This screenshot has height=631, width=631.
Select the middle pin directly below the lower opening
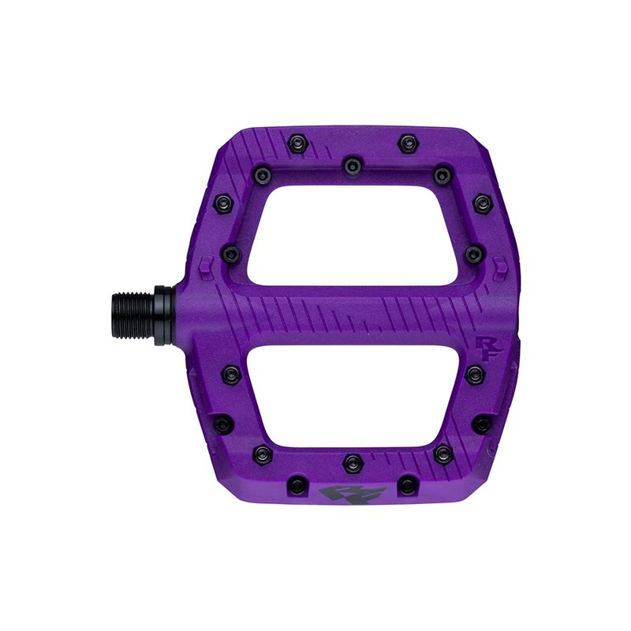350,460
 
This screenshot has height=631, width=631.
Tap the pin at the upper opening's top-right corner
442,172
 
